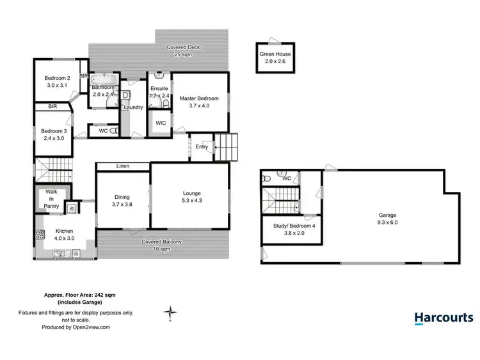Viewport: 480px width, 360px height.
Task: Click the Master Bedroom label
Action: coord(199,103)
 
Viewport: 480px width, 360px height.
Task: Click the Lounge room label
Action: coord(190,197)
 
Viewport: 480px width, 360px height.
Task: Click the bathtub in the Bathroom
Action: coord(102,81)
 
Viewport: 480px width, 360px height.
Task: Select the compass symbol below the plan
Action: coord(171,313)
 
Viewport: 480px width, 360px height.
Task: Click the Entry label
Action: coord(202,147)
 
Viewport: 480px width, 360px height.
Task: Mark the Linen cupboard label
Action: coord(123,166)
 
